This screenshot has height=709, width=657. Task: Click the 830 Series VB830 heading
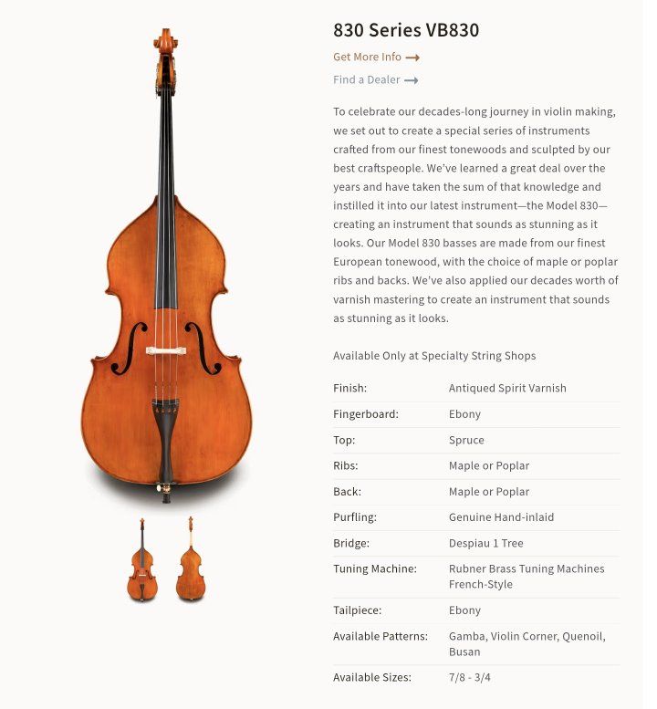point(406,30)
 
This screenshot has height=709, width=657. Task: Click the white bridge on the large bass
point(166,350)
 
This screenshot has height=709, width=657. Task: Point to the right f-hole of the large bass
point(203,348)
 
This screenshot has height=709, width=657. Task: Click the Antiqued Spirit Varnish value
point(507,388)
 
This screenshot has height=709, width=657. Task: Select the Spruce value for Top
point(466,440)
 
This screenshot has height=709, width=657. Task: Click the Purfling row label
point(355,517)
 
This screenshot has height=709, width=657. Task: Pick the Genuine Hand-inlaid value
point(501,517)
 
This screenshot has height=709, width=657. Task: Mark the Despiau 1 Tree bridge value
point(485,543)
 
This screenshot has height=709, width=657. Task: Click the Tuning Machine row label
point(375,568)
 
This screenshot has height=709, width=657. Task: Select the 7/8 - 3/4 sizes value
point(470,677)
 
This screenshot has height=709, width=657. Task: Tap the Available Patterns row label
point(380,636)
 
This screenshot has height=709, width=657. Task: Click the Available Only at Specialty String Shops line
point(434,355)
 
